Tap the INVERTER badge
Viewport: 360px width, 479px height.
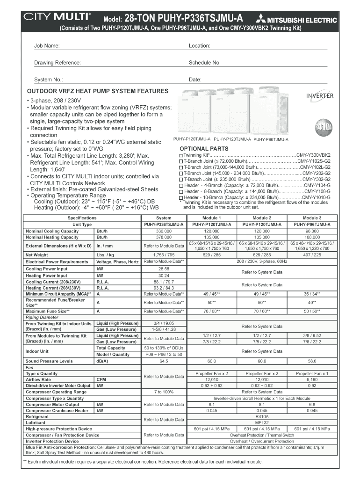(319, 96)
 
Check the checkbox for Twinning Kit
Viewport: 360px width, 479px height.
(181, 155)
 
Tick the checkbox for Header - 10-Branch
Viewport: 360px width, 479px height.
(181, 197)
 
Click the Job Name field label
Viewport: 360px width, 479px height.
(47, 46)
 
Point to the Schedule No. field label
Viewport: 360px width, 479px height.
(204, 63)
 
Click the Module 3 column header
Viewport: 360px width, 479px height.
(312, 218)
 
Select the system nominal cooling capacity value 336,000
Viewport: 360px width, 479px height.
(164, 231)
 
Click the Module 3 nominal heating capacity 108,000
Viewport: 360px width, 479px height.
(312, 237)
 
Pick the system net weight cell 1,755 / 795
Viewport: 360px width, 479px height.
(164, 255)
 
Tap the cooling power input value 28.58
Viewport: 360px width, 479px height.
(164, 269)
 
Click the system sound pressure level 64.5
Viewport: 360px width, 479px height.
(164, 361)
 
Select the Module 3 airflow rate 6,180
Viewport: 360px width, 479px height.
(312, 380)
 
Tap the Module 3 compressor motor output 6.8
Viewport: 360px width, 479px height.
(312, 404)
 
